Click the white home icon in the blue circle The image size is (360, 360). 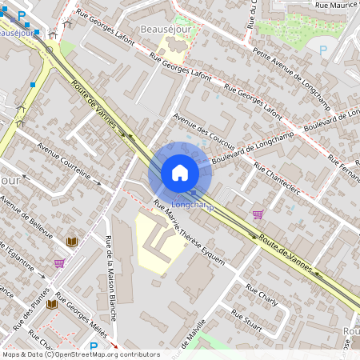tap(180, 172)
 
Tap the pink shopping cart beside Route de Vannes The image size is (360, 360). tap(258, 214)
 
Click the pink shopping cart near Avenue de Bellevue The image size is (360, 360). tap(59, 262)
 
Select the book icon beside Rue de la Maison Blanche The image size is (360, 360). tap(72, 241)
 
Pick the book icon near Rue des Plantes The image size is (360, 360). tap(52, 304)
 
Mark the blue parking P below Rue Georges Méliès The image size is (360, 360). tap(94, 346)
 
